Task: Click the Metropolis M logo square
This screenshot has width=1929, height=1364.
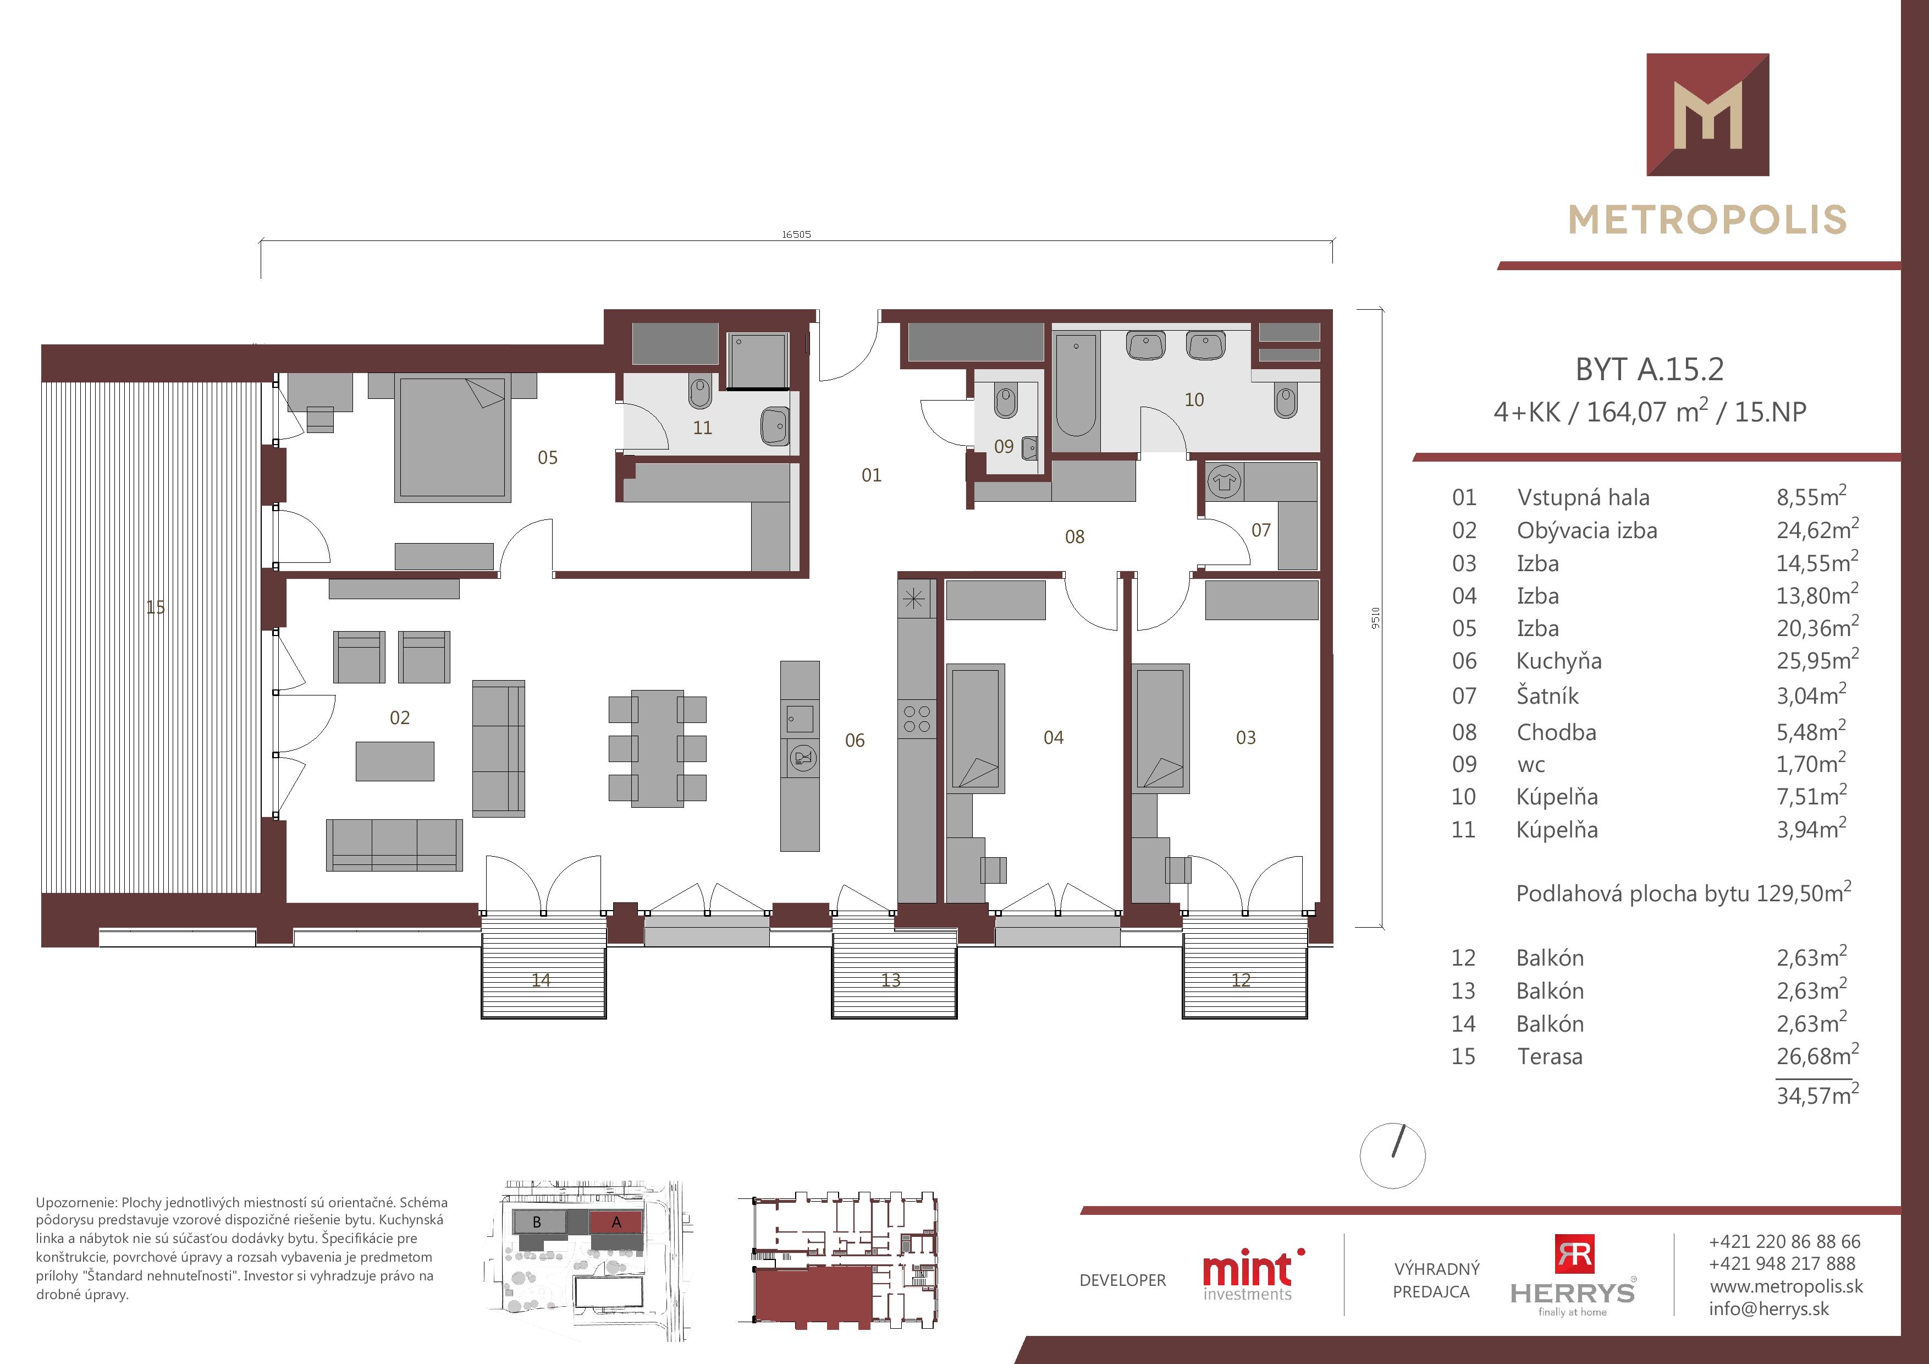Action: coord(1708,114)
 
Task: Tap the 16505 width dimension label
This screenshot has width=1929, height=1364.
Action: coord(796,234)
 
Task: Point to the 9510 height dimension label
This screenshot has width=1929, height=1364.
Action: coord(1375,618)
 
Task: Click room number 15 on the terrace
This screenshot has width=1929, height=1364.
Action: coord(156,607)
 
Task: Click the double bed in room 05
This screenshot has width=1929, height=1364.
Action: coord(454,438)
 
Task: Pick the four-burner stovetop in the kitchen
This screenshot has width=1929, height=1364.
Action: coord(917,719)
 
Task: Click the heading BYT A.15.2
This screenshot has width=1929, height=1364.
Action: coord(1649,369)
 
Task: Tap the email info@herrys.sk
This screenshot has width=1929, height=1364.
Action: coord(1768,1308)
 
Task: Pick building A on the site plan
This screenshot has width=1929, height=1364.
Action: coord(616,1222)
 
